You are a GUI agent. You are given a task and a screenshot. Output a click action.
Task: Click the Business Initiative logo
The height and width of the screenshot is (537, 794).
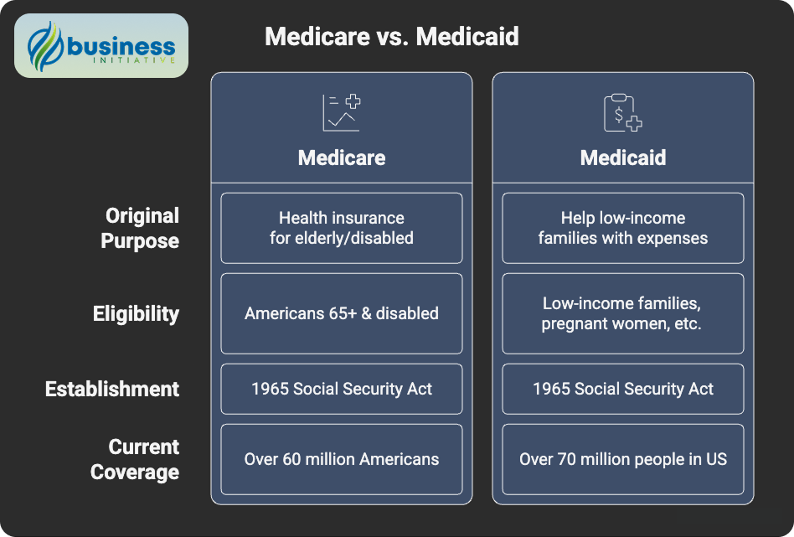tap(101, 45)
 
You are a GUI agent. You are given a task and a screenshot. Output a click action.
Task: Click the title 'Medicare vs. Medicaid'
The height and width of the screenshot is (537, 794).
tap(391, 37)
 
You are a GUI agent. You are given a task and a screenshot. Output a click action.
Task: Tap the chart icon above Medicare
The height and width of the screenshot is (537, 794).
tap(342, 113)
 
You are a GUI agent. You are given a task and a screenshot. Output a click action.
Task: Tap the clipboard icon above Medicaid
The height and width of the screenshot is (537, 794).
tap(622, 113)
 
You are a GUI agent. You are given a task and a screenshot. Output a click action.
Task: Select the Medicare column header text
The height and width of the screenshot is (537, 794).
tap(342, 157)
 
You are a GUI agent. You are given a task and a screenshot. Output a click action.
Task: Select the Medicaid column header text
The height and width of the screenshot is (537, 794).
tap(622, 157)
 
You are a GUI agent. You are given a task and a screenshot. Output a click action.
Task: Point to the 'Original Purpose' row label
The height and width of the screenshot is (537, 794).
tap(140, 228)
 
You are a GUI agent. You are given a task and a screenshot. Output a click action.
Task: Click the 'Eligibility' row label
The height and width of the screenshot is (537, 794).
tap(136, 314)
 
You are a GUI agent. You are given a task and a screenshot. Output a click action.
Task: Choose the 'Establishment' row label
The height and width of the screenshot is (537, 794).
tap(112, 389)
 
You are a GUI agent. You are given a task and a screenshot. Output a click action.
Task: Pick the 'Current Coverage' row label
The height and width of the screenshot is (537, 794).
tap(135, 459)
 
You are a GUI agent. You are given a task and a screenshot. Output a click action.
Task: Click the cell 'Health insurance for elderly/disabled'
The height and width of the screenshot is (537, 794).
tap(342, 228)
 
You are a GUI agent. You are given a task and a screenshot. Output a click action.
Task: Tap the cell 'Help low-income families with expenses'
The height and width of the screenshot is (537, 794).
tap(622, 228)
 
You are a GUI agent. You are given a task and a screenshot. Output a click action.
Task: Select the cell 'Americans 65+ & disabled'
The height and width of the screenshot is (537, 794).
tap(342, 313)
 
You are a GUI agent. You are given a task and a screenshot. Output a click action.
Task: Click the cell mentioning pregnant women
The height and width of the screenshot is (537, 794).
tap(622, 313)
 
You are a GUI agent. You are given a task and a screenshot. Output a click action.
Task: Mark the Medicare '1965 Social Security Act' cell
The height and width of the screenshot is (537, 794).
tap(342, 389)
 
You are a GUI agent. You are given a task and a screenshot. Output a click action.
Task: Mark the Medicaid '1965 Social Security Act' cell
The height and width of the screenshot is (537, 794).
tap(622, 389)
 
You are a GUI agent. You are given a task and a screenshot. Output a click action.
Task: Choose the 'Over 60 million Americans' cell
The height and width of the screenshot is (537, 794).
tap(342, 459)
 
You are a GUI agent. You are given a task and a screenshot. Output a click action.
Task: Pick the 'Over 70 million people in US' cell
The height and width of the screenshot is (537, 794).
tap(622, 459)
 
